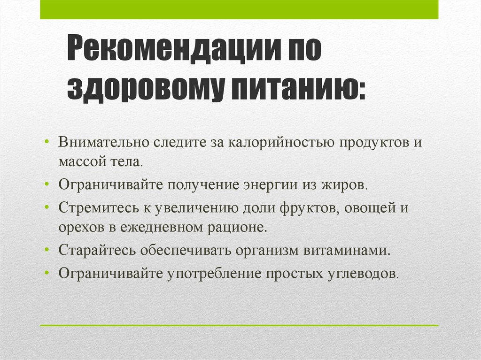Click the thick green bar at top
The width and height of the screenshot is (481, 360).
coord(239,9)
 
